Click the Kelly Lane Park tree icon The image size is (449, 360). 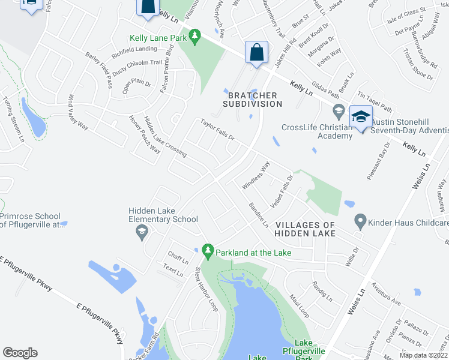tap(194, 38)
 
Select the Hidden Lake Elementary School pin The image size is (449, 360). tap(142, 232)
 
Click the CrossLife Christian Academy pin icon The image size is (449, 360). tap(338, 112)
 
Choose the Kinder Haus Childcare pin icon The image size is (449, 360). tap(360, 222)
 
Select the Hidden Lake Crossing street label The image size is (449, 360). tap(165, 137)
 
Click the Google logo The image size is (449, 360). tap(20, 353)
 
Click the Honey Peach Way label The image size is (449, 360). tap(145, 134)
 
